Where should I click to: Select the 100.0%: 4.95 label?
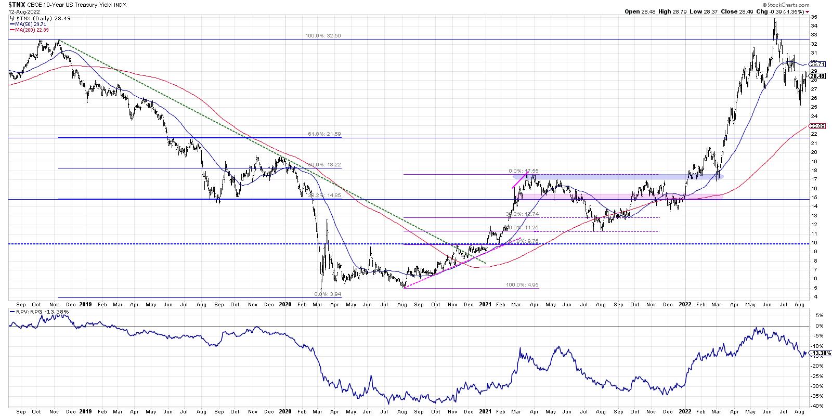(523, 285)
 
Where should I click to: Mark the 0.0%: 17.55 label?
(524, 171)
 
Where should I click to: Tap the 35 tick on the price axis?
(814, 17)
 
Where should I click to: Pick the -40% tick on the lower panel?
(816, 406)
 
